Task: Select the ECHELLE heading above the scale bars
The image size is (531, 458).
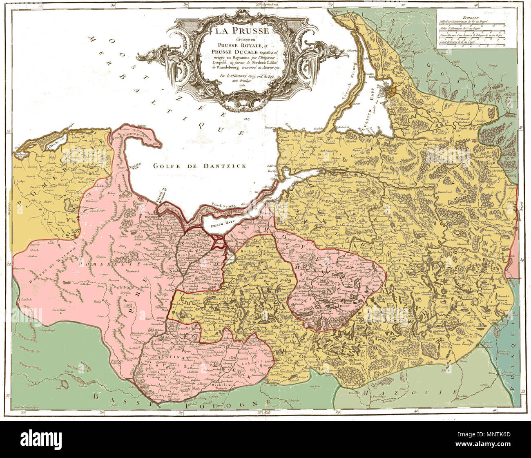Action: (471, 18)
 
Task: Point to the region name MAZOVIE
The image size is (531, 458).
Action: (408, 393)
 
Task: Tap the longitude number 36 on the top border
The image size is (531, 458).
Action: (113, 4)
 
